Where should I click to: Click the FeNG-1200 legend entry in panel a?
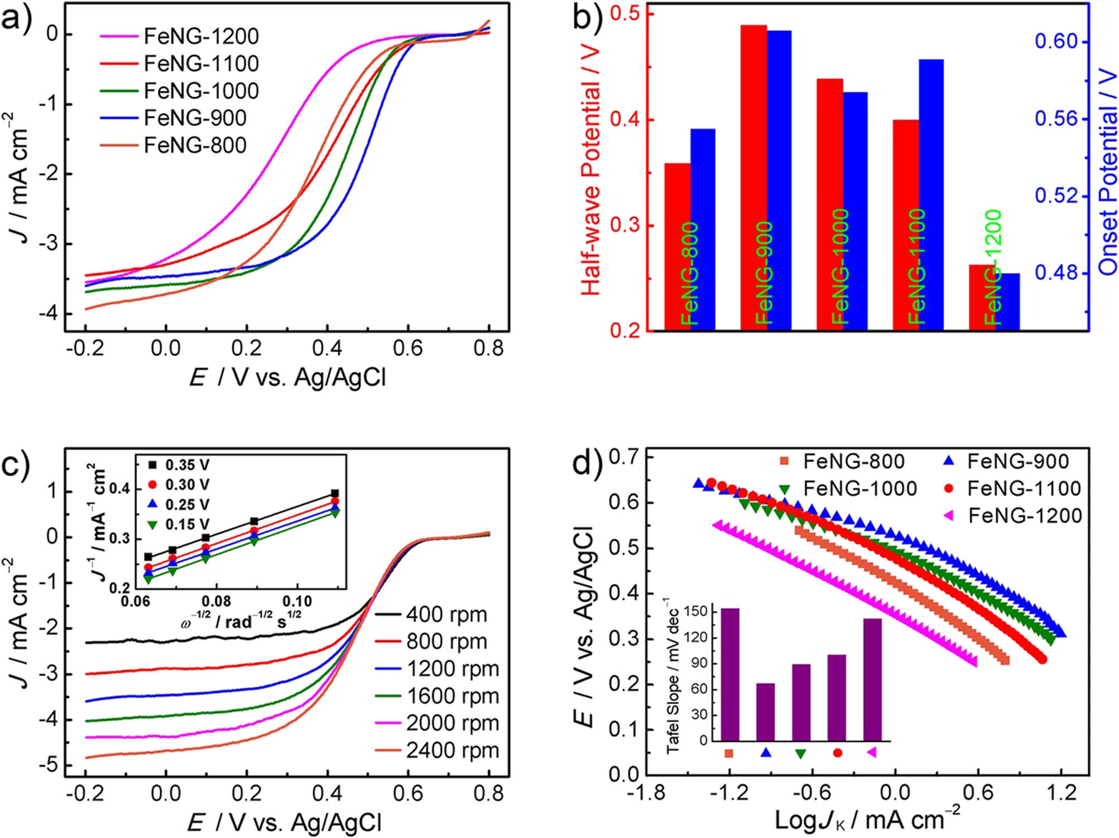click(x=201, y=36)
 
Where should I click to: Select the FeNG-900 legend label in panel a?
click(x=195, y=118)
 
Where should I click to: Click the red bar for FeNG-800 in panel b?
click(x=677, y=246)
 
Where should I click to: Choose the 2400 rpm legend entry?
click(x=452, y=750)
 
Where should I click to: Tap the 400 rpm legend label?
click(x=446, y=615)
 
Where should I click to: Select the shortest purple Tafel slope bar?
click(x=765, y=712)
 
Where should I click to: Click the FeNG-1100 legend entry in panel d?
click(x=1024, y=489)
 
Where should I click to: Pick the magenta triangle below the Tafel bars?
click(x=872, y=753)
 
